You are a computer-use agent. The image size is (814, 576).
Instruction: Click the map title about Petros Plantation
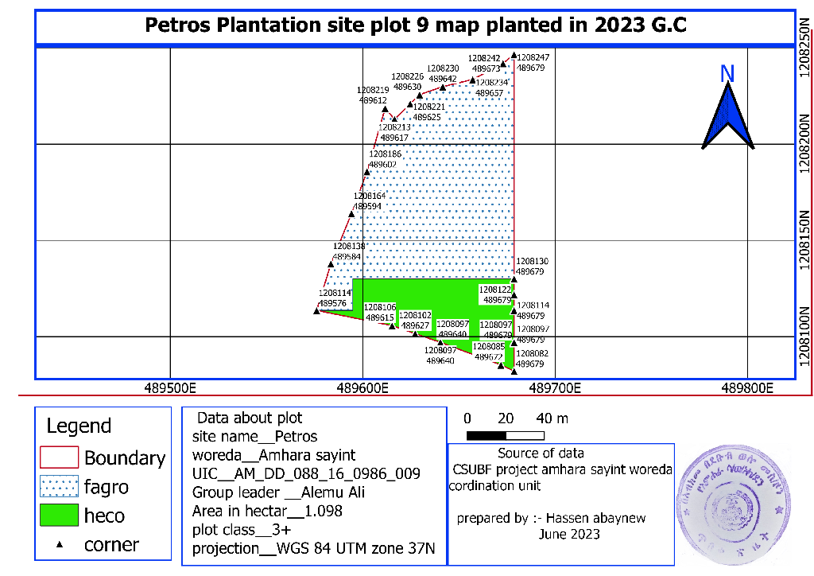click(415, 25)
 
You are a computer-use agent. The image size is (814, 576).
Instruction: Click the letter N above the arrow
click(727, 74)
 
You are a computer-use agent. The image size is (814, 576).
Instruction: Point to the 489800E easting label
click(748, 389)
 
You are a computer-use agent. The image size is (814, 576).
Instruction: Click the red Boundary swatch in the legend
click(60, 457)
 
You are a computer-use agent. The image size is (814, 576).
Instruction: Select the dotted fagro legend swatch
click(60, 486)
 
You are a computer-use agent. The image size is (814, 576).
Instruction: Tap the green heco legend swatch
click(60, 516)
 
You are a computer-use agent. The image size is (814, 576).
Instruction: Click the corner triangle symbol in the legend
click(60, 545)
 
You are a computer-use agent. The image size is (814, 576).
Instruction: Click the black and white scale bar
click(506, 434)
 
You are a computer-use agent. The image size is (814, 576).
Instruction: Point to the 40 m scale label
click(552, 418)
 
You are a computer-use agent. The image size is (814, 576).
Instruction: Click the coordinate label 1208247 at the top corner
click(533, 58)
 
